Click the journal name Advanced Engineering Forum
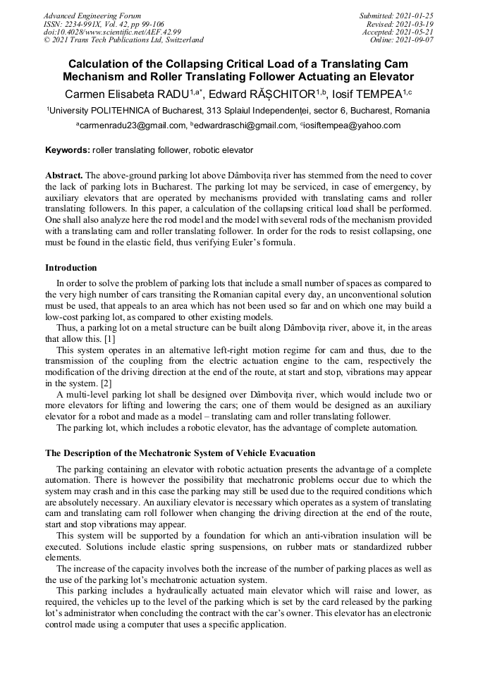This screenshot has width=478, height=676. pos(92,16)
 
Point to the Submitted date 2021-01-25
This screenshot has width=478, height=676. pos(396,16)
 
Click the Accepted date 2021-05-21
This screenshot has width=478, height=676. pos(398,32)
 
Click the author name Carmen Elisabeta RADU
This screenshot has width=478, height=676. pos(130,93)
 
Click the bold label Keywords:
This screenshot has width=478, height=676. pos(68,150)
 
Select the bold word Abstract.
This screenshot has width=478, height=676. pos(64,175)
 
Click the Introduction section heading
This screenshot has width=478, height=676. pos(71,268)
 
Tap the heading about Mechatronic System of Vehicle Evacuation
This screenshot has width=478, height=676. pos(180,453)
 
